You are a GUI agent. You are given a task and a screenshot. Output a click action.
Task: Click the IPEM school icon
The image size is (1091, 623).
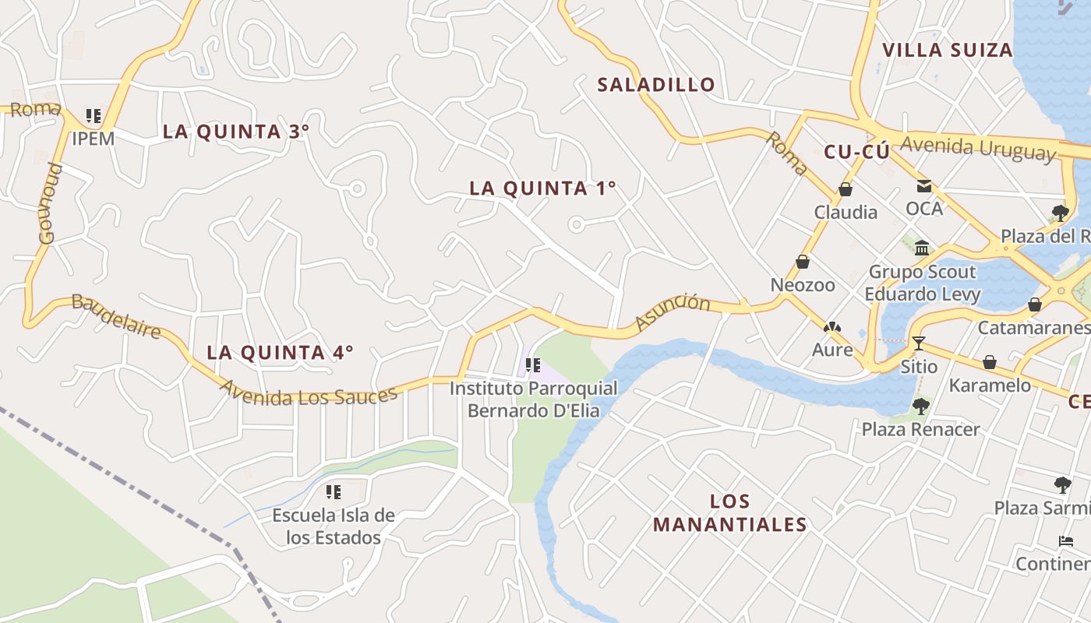click(x=94, y=116)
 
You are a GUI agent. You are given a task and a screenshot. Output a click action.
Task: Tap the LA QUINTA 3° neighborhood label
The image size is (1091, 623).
click(x=236, y=132)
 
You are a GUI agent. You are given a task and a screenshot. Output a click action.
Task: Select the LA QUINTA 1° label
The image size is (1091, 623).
click(x=542, y=188)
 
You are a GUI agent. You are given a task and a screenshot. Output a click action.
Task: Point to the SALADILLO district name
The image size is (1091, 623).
click(x=655, y=85)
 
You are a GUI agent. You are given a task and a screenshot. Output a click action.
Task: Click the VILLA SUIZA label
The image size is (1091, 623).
click(x=947, y=51)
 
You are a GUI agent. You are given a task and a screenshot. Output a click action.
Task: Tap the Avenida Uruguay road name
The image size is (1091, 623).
click(x=978, y=148)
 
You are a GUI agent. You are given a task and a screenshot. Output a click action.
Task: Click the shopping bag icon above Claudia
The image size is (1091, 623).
click(x=846, y=189)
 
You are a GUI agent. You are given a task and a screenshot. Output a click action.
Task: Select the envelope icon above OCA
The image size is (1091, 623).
click(x=924, y=186)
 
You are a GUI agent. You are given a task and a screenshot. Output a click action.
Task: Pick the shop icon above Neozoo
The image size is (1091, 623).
click(x=803, y=262)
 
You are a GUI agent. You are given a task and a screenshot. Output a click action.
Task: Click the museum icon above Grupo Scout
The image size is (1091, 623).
click(x=923, y=248)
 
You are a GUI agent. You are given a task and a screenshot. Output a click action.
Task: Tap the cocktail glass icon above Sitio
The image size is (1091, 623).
click(x=919, y=343)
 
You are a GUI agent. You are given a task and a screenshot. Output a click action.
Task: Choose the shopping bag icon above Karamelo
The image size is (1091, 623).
click(x=990, y=362)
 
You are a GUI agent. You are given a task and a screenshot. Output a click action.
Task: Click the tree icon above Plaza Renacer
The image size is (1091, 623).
click(x=921, y=406)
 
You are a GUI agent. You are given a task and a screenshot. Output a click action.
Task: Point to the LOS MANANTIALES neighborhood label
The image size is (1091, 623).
click(x=729, y=512)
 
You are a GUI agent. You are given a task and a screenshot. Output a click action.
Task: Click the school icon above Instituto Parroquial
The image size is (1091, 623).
click(x=533, y=364)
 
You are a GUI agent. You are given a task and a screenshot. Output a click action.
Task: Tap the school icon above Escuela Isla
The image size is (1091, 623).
click(x=334, y=492)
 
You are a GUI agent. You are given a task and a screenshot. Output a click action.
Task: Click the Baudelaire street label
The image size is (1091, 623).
click(x=116, y=315)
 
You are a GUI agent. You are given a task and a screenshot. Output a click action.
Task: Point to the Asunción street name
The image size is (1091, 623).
click(x=673, y=312)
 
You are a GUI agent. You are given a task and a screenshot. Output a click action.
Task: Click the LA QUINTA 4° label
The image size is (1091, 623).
click(x=280, y=353)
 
